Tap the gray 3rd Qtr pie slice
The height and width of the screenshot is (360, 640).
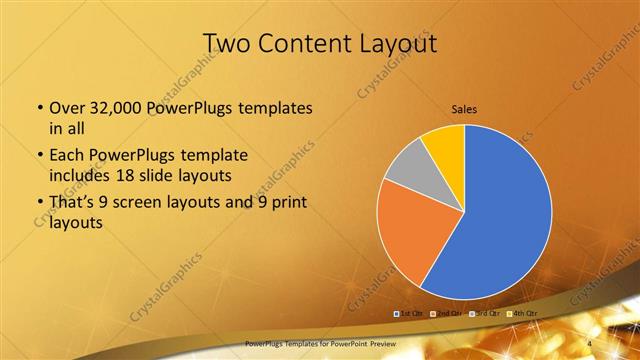point(407,169)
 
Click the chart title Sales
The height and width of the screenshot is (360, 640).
point(465,108)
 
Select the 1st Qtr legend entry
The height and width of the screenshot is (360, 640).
point(411,314)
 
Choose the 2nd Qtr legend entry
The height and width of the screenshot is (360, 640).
point(447,314)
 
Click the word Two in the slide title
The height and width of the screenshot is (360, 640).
point(229,44)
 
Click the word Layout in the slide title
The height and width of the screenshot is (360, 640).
point(395,44)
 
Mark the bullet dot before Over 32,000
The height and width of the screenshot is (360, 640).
point(39,109)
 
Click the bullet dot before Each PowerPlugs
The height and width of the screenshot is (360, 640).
point(39,156)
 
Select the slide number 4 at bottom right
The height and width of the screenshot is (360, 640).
point(591,343)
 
